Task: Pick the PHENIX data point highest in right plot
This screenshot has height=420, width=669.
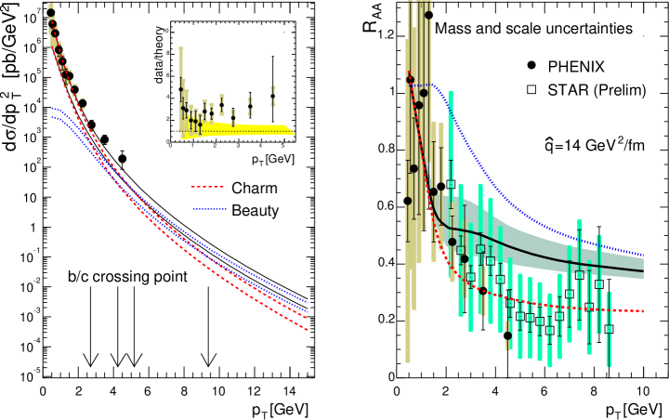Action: coord(428,15)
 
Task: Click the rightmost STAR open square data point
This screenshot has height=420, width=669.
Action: coord(610,329)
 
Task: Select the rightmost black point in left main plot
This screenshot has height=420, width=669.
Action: coord(123,159)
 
